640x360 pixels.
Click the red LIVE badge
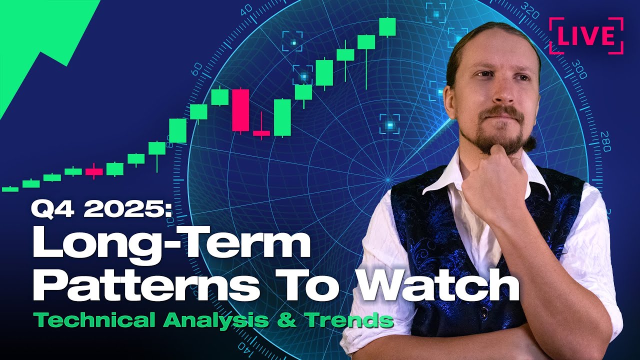pos(586,35)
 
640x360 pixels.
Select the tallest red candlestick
pos(240,110)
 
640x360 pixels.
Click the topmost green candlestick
pos(387,27)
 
